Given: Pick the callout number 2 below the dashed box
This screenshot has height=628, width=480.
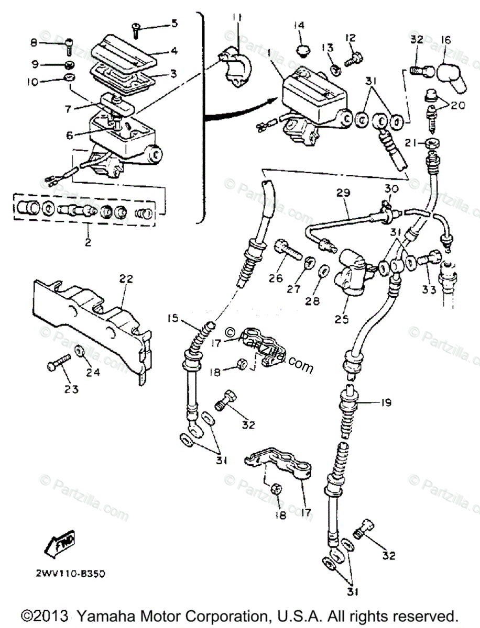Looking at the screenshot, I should pos(88,243).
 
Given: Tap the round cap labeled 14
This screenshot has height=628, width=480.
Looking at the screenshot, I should pos(301,50).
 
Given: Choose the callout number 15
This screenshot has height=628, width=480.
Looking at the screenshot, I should pos(173,318).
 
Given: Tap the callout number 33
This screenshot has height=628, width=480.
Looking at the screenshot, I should pos(429,289).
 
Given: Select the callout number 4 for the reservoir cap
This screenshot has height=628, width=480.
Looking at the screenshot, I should pos(173,51).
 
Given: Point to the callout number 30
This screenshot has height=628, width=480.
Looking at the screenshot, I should pos(391,188).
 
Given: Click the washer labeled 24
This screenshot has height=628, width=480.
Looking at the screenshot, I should pos(80,351).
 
